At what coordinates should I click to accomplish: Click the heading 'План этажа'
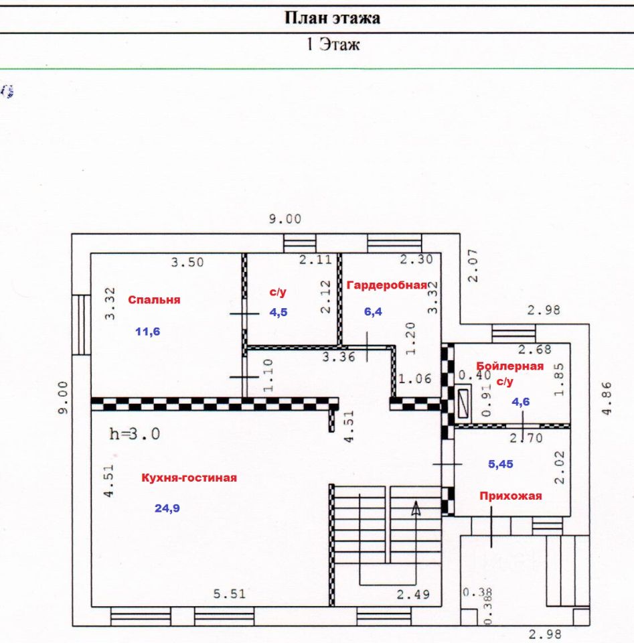tap(333, 17)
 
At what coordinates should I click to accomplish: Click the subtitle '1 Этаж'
tap(333, 46)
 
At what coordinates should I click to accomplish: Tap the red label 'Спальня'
tap(155, 300)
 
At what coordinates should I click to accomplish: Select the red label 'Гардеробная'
tap(387, 285)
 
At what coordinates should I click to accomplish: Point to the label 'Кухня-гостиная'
tap(189, 478)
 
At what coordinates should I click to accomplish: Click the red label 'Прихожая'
tap(510, 496)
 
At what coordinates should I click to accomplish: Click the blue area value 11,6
tap(148, 331)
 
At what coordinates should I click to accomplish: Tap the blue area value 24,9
tap(167, 508)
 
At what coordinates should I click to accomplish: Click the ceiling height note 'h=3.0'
tap(135, 433)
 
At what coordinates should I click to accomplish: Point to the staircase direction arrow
tap(416, 509)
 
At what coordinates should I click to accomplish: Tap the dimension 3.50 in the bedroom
tap(187, 263)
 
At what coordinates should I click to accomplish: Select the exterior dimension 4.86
tap(606, 399)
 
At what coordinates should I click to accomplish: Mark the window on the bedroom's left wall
tap(81, 324)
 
